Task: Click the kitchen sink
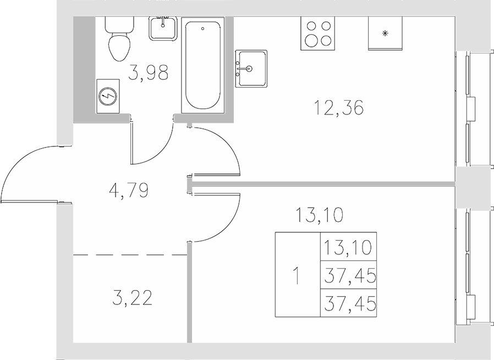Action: [x=251, y=68]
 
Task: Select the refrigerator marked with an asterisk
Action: [x=385, y=33]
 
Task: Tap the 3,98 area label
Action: [x=147, y=73]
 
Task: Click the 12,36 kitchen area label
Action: [x=339, y=107]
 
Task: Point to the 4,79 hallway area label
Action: [x=129, y=191]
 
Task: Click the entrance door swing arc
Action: [x=17, y=165]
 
